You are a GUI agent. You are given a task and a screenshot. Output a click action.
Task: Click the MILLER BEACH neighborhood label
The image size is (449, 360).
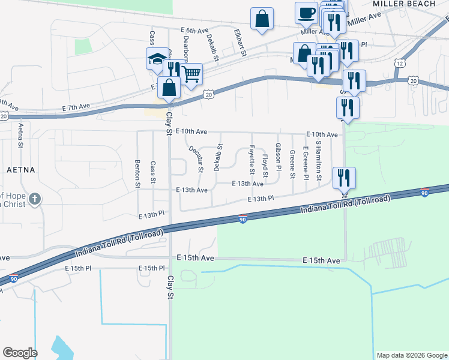pyautogui.click(x=403, y=4)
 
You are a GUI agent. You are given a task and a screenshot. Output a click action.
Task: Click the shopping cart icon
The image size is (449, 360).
pyautogui.click(x=191, y=75)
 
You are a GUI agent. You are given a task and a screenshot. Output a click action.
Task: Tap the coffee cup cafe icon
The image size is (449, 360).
pyautogui.click(x=306, y=13)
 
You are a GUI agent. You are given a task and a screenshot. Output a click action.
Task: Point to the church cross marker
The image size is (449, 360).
pyautogui.click(x=35, y=198)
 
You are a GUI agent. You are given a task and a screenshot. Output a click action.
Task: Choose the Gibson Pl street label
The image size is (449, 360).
pyautogui.click(x=279, y=155)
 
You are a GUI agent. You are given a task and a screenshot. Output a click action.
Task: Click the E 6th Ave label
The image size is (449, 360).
pyautogui.click(x=193, y=30)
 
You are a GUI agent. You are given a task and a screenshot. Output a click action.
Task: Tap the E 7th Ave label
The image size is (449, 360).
pyautogui.click(x=76, y=107)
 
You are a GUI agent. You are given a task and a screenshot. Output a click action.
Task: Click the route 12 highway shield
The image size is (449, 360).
pyautogui.click(x=400, y=62)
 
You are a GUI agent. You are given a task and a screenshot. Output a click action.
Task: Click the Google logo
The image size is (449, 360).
pyautogui.click(x=20, y=353)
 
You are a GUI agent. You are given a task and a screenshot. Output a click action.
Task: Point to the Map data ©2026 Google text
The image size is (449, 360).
pyautogui.click(x=411, y=355)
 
